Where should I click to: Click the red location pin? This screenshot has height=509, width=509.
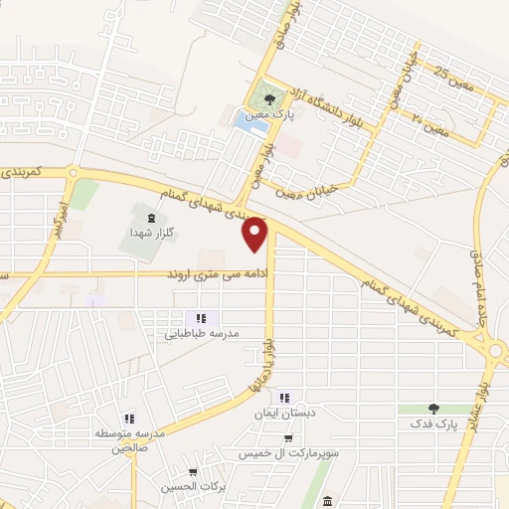(x=256, y=234)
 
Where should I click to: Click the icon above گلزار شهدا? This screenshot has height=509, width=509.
(x=150, y=216)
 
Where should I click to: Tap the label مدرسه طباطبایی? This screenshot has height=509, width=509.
(x=198, y=335)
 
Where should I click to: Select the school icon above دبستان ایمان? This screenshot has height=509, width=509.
(x=286, y=396)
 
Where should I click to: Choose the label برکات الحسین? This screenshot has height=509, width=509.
(x=189, y=487)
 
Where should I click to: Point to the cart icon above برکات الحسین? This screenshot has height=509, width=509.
(x=193, y=471)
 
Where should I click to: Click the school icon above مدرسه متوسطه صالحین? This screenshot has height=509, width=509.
(x=127, y=420)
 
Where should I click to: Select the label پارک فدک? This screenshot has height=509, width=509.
(x=431, y=424)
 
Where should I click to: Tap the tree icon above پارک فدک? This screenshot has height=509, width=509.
(x=432, y=408)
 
